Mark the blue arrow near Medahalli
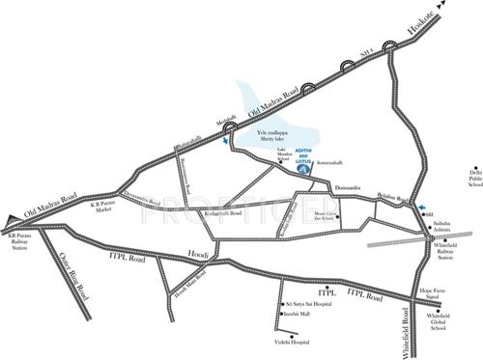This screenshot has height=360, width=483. pyautogui.click(x=226, y=141)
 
